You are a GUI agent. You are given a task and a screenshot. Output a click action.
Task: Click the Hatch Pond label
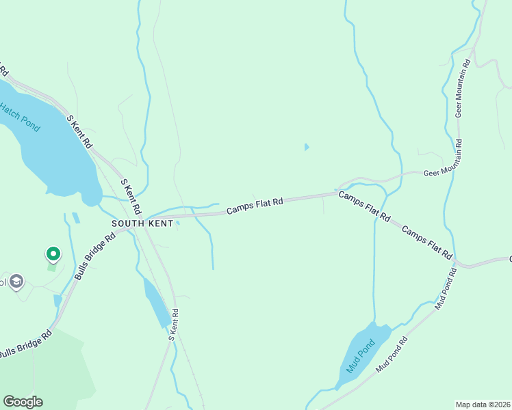(x=20, y=117)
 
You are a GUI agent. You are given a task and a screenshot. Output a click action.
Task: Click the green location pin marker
(x=53, y=254)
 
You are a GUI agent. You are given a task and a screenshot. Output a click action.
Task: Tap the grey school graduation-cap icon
(x=17, y=281)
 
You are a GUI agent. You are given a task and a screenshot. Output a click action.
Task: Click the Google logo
(x=23, y=402)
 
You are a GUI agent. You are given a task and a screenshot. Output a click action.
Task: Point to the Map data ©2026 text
(x=482, y=404)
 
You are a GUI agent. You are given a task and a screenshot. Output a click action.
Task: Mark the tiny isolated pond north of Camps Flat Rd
(x=306, y=146)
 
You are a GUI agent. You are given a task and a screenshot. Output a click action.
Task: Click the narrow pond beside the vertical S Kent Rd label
(x=157, y=303)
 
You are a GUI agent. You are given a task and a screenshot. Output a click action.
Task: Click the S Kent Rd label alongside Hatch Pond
(x=79, y=131)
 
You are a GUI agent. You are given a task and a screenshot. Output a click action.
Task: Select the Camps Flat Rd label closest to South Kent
(x=255, y=206)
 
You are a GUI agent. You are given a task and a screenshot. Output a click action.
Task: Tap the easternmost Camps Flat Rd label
(x=427, y=242)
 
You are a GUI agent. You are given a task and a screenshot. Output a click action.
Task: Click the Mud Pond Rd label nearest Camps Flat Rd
(x=446, y=288)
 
